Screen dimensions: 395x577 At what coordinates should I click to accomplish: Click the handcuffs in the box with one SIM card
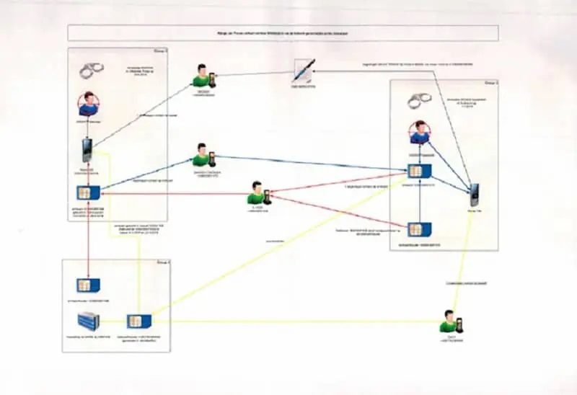pos(91,70)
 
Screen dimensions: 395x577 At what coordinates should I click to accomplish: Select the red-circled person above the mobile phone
pos(89,105)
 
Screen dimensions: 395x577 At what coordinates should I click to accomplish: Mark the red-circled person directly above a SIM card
pos(418,134)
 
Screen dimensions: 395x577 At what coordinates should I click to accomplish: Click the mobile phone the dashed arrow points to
pos(473,195)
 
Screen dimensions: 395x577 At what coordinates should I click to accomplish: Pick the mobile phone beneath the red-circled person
pos(87,150)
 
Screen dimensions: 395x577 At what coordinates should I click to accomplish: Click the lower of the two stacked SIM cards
pos(415,230)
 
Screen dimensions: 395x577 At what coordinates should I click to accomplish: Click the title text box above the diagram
pos(283,33)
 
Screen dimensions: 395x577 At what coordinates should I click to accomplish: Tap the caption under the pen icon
pos(304,88)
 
